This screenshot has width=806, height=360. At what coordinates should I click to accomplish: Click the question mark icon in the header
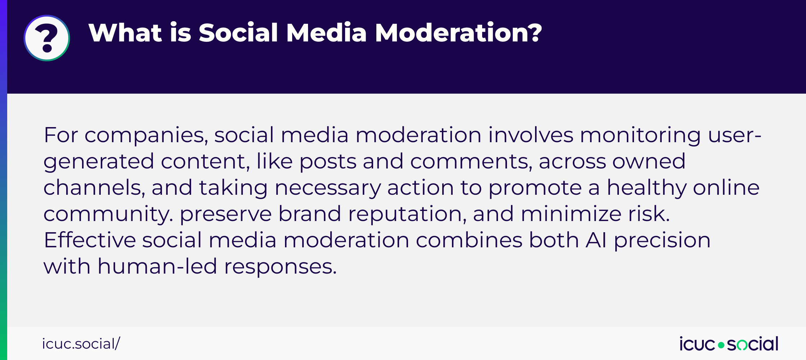(x=47, y=38)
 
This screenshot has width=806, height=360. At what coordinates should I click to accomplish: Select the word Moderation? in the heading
(x=458, y=33)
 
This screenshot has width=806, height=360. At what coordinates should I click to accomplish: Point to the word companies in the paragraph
(x=146, y=136)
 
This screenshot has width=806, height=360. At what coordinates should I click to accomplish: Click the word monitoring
(x=640, y=136)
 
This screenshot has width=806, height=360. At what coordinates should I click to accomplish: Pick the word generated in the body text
(x=99, y=162)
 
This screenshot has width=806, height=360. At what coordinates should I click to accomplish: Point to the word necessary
(x=327, y=188)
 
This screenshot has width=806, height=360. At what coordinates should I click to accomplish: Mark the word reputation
(x=407, y=215)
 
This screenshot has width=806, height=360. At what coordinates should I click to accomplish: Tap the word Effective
(x=90, y=240)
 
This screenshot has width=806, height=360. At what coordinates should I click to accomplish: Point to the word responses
(x=280, y=267)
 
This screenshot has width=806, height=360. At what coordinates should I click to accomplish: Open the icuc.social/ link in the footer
(x=81, y=344)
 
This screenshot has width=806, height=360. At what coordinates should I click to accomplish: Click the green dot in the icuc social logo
(x=721, y=345)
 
